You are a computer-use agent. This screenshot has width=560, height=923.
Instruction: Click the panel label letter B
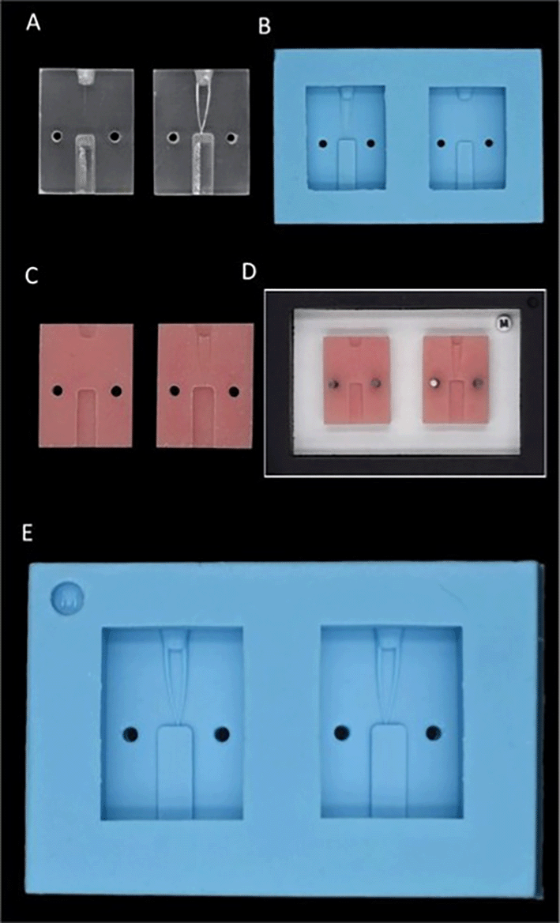[264, 27]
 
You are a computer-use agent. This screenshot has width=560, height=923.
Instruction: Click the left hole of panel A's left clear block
[56, 137]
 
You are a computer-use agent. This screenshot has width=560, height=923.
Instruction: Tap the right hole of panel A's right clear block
[231, 138]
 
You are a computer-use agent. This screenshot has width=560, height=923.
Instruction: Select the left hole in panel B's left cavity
[322, 144]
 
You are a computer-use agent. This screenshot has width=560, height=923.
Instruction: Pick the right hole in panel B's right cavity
[489, 143]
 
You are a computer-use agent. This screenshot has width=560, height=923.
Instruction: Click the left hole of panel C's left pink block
[57, 391]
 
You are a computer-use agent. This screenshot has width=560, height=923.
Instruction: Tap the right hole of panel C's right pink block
[234, 391]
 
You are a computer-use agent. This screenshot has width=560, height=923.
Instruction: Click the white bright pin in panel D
[434, 382]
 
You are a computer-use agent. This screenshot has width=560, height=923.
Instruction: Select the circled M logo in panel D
[504, 322]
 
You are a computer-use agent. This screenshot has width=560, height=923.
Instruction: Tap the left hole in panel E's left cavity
[130, 734]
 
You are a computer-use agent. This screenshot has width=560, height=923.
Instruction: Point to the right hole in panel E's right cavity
[434, 733]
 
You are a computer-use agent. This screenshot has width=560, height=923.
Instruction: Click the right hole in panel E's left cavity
[222, 734]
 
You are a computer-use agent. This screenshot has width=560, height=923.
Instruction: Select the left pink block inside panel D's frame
[357, 379]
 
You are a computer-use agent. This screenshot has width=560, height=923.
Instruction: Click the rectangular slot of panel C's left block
[86, 416]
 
